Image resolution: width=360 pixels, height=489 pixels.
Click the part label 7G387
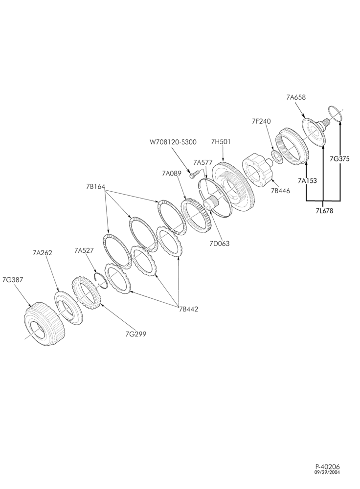(13, 280)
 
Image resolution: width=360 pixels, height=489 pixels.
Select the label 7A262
(42, 253)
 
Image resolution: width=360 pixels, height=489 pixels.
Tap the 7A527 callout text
(84, 250)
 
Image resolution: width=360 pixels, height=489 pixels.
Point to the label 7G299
(135, 334)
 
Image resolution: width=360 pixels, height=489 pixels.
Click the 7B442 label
(188, 309)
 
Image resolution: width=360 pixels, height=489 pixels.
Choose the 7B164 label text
(96, 186)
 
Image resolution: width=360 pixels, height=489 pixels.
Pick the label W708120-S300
(173, 142)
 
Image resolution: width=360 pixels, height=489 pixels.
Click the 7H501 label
(221, 142)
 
